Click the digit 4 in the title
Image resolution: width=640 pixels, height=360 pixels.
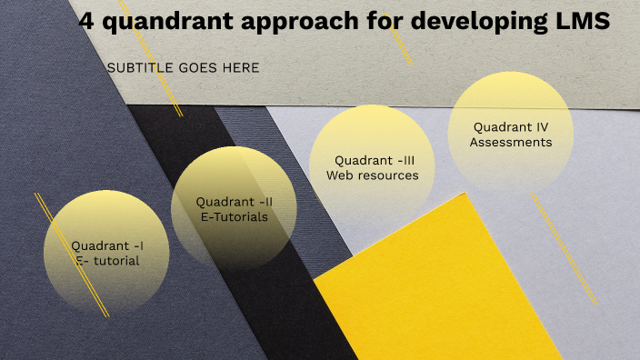pyautogui.click(x=87, y=23)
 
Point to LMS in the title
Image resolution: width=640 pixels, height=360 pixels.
pyautogui.click(x=583, y=23)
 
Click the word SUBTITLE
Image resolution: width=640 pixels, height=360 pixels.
pyautogui.click(x=141, y=68)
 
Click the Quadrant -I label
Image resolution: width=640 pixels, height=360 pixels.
pyautogui.click(x=107, y=245)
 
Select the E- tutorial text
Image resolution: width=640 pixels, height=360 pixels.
pyautogui.click(x=107, y=261)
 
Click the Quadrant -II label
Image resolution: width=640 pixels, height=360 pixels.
pyautogui.click(x=235, y=201)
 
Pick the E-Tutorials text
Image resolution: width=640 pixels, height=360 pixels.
pyautogui.click(x=235, y=216)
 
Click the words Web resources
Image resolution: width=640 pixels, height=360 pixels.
pyautogui.click(x=373, y=175)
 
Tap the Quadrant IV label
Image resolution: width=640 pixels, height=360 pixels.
pyautogui.click(x=511, y=127)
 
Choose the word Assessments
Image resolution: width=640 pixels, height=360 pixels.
pyautogui.click(x=511, y=142)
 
